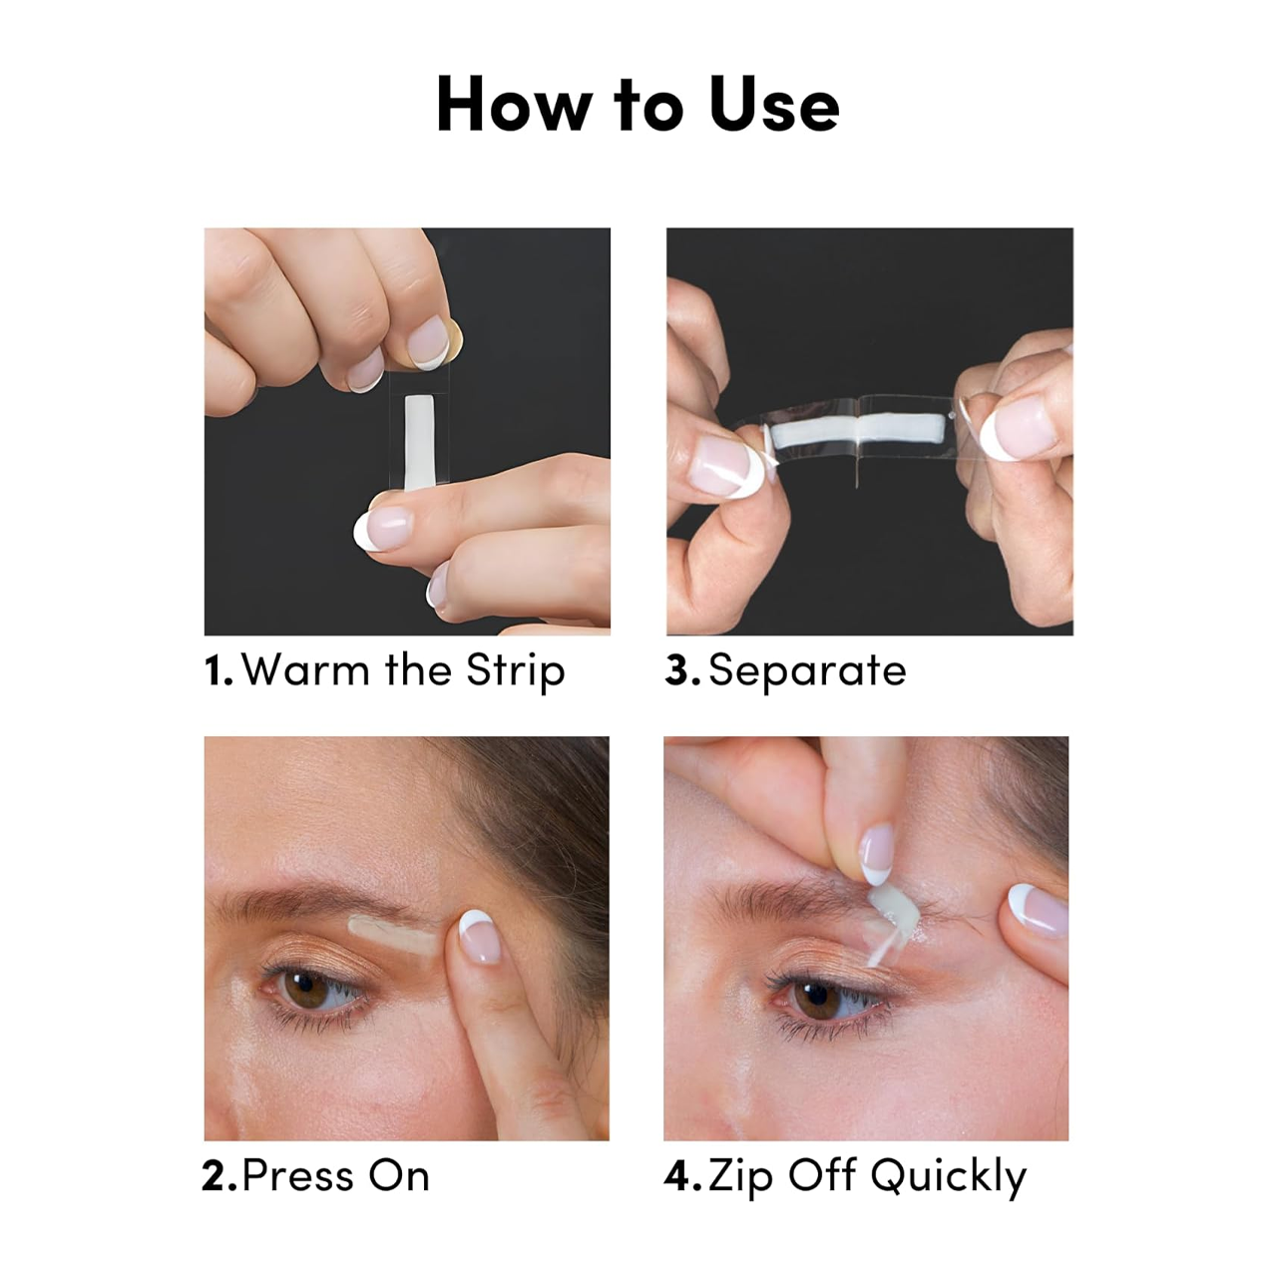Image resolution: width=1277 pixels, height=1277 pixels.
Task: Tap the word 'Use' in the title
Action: click(774, 104)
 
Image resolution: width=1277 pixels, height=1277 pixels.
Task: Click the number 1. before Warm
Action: click(218, 670)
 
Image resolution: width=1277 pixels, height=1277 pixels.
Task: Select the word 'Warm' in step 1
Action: click(305, 670)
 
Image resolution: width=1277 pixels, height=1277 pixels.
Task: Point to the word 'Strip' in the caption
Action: click(516, 672)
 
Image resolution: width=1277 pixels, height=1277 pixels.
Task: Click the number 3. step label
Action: click(682, 670)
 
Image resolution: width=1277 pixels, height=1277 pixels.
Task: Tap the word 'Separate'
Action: click(807, 672)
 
